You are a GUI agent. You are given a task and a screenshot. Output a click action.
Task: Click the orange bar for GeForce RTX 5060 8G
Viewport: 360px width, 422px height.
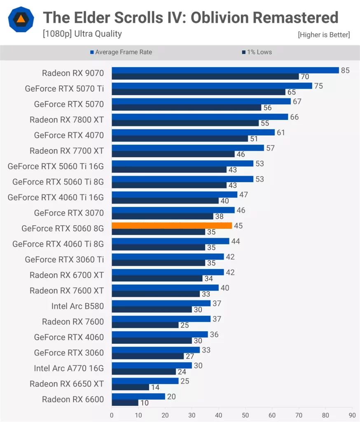point(172,225)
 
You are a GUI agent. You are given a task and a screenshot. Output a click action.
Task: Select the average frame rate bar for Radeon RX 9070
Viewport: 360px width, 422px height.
point(225,70)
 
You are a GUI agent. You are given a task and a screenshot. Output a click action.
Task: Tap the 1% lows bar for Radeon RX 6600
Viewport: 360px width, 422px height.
point(125,402)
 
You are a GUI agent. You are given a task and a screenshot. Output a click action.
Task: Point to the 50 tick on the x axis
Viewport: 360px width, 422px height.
point(245,415)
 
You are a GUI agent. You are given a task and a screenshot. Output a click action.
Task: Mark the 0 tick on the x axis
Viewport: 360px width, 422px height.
point(112,415)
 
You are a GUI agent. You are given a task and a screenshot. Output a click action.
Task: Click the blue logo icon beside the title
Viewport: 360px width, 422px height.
point(20,20)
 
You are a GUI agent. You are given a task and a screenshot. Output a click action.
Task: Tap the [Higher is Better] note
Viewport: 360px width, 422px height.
point(324,35)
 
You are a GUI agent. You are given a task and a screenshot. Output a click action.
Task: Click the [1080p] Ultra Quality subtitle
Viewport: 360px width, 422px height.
point(82,34)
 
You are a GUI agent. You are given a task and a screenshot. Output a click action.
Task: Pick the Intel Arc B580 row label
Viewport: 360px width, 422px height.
point(77,306)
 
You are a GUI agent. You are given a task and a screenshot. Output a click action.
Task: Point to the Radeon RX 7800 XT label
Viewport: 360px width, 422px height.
point(67,120)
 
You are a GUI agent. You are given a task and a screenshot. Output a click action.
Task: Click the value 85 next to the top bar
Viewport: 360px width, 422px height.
point(345,70)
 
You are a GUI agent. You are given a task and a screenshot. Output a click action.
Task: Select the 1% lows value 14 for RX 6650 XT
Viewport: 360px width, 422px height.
point(155,387)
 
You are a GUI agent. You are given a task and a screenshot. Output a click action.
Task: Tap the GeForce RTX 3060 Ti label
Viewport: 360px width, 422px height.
point(64,260)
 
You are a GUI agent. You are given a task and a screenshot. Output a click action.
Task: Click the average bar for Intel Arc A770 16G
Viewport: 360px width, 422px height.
point(152,366)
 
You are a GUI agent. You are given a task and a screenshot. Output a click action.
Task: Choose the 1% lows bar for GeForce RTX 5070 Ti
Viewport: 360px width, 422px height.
point(198,92)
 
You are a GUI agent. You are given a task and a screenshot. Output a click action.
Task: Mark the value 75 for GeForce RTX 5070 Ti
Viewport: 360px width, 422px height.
point(318,86)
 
